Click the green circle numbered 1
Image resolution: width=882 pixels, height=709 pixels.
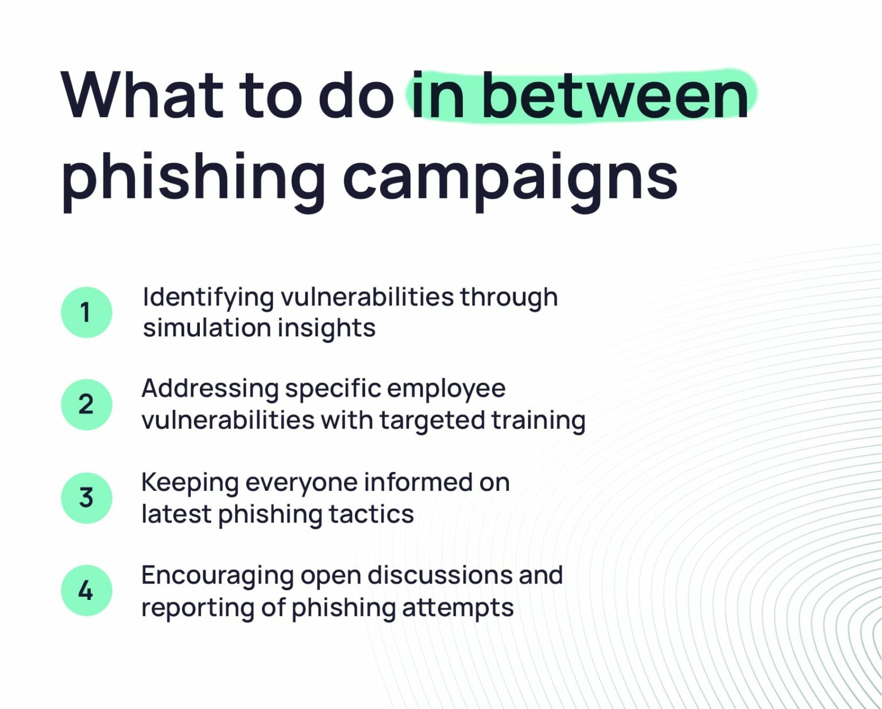tap(86, 312)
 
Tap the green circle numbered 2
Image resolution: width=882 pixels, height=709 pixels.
tap(86, 404)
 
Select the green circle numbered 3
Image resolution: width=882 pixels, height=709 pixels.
tap(86, 498)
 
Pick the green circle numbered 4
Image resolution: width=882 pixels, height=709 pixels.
tap(86, 590)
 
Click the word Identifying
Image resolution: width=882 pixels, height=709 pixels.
tap(208, 298)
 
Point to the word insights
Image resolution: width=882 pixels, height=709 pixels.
tap(326, 328)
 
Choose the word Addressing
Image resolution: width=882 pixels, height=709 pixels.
tap(210, 389)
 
